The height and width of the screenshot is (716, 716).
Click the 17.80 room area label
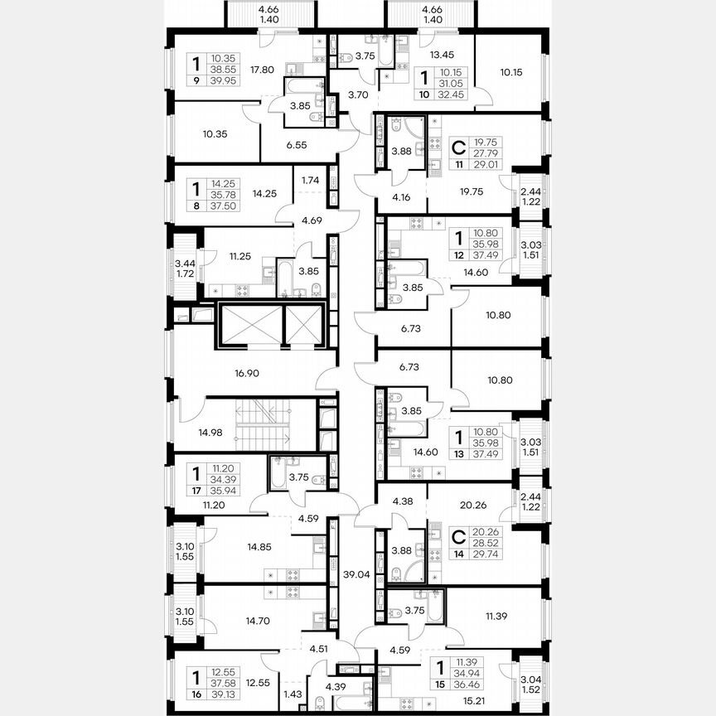click(x=262, y=70)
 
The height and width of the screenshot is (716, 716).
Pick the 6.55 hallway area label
click(x=297, y=144)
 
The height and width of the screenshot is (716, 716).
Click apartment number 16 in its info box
click(x=196, y=695)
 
